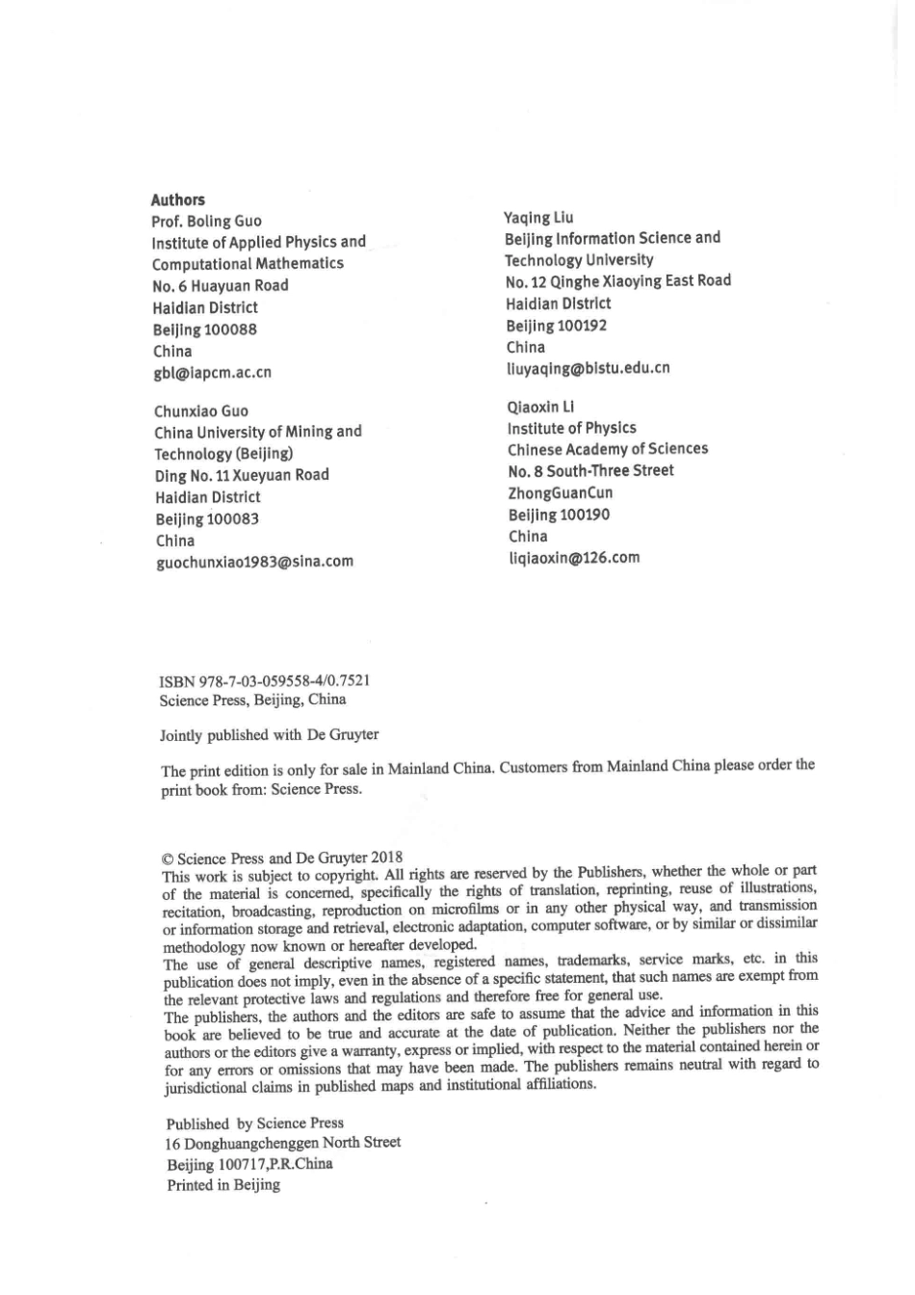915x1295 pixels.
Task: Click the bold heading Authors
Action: [x=178, y=200]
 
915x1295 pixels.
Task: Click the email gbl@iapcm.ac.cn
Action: [x=212, y=373]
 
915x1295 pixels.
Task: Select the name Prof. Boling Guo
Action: [x=206, y=222]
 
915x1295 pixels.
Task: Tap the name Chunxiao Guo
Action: [x=201, y=411]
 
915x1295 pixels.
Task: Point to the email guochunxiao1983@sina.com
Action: [x=254, y=562]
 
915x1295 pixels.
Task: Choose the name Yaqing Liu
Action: [x=538, y=218]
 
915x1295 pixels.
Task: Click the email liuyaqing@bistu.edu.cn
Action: [x=588, y=368]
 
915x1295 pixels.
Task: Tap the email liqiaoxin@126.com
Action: [x=574, y=558]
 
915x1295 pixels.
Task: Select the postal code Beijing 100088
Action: [x=205, y=330]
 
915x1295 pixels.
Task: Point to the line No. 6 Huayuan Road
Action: [x=221, y=286]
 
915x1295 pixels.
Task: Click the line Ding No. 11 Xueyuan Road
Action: [x=242, y=475]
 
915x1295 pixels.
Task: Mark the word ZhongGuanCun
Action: [x=561, y=493]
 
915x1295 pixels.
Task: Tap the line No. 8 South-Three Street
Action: [x=590, y=471]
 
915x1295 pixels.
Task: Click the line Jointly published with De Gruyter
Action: [x=269, y=735]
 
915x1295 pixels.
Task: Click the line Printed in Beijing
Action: [x=223, y=1185]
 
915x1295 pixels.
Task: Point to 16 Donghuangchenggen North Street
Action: [x=283, y=1143]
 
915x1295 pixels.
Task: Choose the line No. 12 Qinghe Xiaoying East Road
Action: [x=617, y=281]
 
